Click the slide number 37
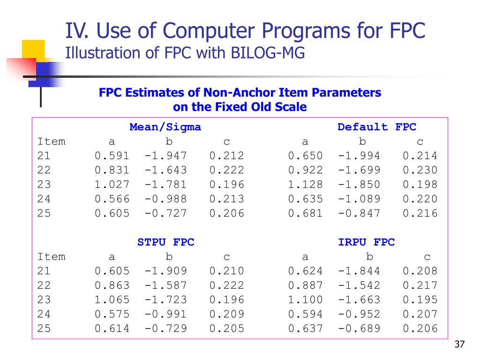coord(459,345)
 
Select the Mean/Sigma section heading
coord(165,127)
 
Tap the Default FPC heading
coord(376,127)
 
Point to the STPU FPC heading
coord(165,242)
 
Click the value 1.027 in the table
coord(112,185)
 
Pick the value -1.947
coord(165,156)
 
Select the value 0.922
coord(305,170)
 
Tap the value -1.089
coord(359,199)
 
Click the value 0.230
coord(420,170)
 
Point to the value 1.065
coord(112,300)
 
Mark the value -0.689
coord(359,329)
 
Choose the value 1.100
coord(305,300)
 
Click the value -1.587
coord(165,285)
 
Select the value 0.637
coord(305,329)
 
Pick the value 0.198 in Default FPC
coord(420,185)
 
